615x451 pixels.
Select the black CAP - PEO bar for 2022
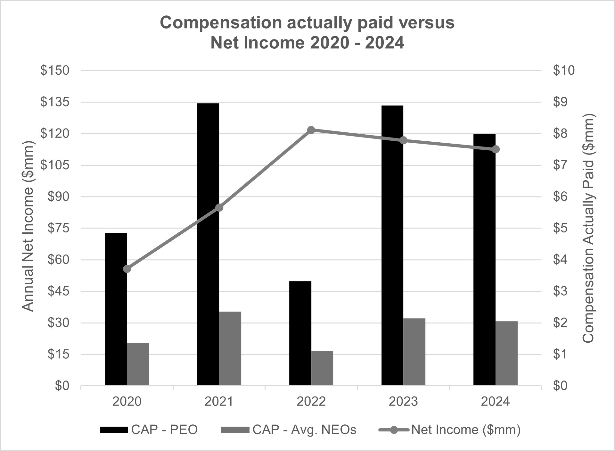tap(300, 333)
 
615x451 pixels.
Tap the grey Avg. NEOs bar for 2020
tap(138, 364)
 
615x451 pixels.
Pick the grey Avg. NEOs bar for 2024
tap(506, 353)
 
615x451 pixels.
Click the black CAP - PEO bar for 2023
tap(392, 245)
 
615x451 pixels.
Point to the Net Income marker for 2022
tap(311, 130)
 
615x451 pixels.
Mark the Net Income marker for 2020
tap(127, 269)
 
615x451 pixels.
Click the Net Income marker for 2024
tap(496, 149)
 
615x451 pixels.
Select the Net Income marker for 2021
tap(219, 208)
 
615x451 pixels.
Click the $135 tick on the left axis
tap(55, 102)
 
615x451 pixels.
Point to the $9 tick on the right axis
tap(560, 102)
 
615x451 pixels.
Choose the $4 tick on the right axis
tap(560, 260)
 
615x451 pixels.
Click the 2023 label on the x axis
tap(403, 401)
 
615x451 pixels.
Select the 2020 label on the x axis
tap(127, 401)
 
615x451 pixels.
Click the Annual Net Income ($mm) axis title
tap(28, 226)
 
